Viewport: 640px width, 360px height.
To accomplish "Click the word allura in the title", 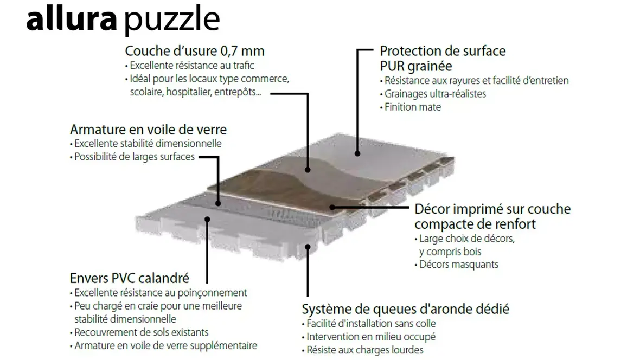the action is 72,18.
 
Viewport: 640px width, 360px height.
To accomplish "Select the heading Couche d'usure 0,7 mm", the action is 195,51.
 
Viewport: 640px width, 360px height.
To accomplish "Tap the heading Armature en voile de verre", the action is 148,130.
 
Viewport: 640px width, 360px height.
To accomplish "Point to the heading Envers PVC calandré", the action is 130,278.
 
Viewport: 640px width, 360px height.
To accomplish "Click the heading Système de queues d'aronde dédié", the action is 405,309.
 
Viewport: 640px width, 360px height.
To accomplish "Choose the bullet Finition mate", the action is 410,107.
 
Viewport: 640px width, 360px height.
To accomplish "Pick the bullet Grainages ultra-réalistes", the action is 433,94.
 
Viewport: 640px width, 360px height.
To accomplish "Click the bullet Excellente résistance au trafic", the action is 189,65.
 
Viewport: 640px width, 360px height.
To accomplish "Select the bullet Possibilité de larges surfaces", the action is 132,157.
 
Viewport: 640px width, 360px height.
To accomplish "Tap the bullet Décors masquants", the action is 456,265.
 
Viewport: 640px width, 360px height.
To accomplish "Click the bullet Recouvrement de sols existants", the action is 139,332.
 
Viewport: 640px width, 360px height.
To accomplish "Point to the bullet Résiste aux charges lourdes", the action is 362,350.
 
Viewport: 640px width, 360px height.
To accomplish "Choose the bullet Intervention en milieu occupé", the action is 369,337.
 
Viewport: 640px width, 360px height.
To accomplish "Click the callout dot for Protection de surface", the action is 357,154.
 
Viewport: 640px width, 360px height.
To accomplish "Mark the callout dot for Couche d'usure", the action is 308,170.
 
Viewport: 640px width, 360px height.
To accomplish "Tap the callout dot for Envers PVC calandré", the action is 207,219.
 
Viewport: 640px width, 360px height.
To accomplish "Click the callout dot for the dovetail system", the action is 308,247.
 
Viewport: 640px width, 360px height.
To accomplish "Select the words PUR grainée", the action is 416,66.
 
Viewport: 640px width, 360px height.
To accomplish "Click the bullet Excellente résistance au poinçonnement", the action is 158,293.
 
